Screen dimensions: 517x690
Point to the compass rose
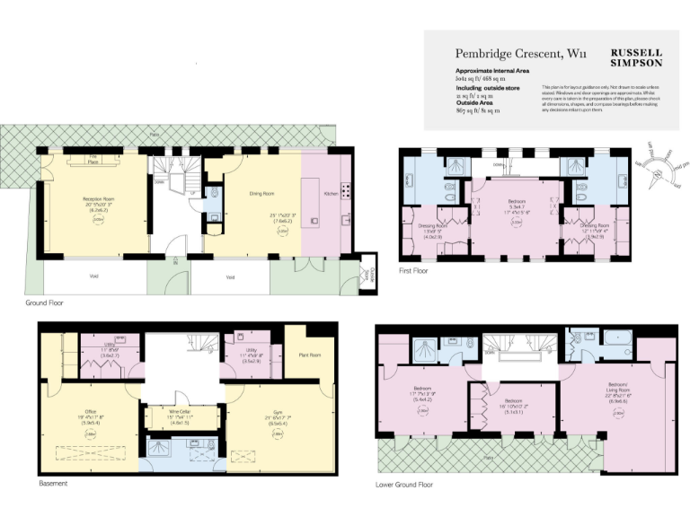tap(662, 166)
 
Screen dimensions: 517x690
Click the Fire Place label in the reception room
tap(93, 161)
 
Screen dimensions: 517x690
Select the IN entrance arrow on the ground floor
tap(175, 266)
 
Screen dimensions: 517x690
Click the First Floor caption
tap(414, 269)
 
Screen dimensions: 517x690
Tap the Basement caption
tap(53, 483)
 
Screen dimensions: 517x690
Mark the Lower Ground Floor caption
tap(404, 484)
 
